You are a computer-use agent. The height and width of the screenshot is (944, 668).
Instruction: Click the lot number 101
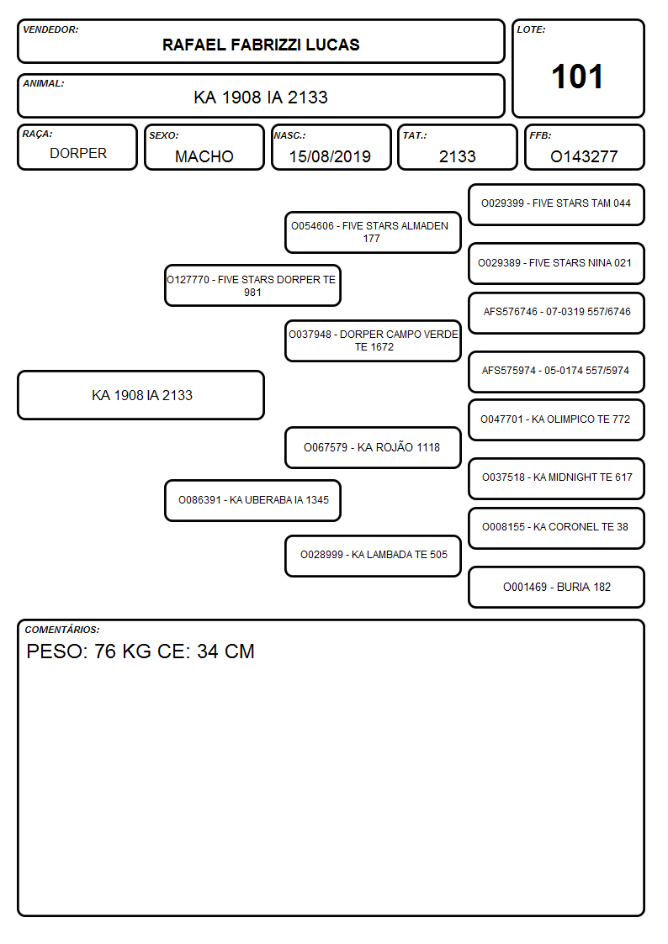[x=577, y=76]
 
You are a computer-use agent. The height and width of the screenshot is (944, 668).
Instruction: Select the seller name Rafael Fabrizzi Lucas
[x=261, y=45]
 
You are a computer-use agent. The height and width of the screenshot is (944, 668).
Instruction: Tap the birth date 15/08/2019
[x=330, y=156]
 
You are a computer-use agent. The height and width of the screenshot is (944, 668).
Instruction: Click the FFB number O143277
[x=584, y=156]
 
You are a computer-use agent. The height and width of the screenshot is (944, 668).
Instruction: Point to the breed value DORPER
[x=78, y=154]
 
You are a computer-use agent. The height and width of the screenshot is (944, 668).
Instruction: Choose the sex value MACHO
[x=204, y=156]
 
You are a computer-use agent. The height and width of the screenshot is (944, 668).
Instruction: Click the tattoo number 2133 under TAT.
[x=457, y=156]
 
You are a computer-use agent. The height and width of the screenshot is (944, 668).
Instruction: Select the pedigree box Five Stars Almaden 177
[x=373, y=232]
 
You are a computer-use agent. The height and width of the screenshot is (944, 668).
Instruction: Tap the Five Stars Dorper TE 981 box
[x=252, y=285]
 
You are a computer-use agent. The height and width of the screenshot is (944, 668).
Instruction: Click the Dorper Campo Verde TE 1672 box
[x=373, y=340]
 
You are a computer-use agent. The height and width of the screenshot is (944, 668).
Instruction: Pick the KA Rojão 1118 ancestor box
[x=373, y=447]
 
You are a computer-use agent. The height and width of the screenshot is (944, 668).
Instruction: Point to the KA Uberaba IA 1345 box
[x=252, y=500]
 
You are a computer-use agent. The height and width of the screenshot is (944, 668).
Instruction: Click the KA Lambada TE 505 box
[x=373, y=556]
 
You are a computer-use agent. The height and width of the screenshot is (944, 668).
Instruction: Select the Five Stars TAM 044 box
[x=556, y=204]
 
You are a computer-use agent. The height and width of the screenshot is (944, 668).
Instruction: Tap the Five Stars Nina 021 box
[x=556, y=263]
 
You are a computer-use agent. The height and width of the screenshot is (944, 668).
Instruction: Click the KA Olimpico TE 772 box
[x=556, y=419]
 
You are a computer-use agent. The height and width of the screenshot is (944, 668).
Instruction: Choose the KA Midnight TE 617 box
[x=556, y=478]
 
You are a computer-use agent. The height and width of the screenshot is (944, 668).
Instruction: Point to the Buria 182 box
[x=556, y=587]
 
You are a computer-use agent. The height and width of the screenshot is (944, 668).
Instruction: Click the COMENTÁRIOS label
[x=62, y=630]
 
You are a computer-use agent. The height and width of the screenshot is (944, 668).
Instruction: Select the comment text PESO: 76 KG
[x=88, y=651]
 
